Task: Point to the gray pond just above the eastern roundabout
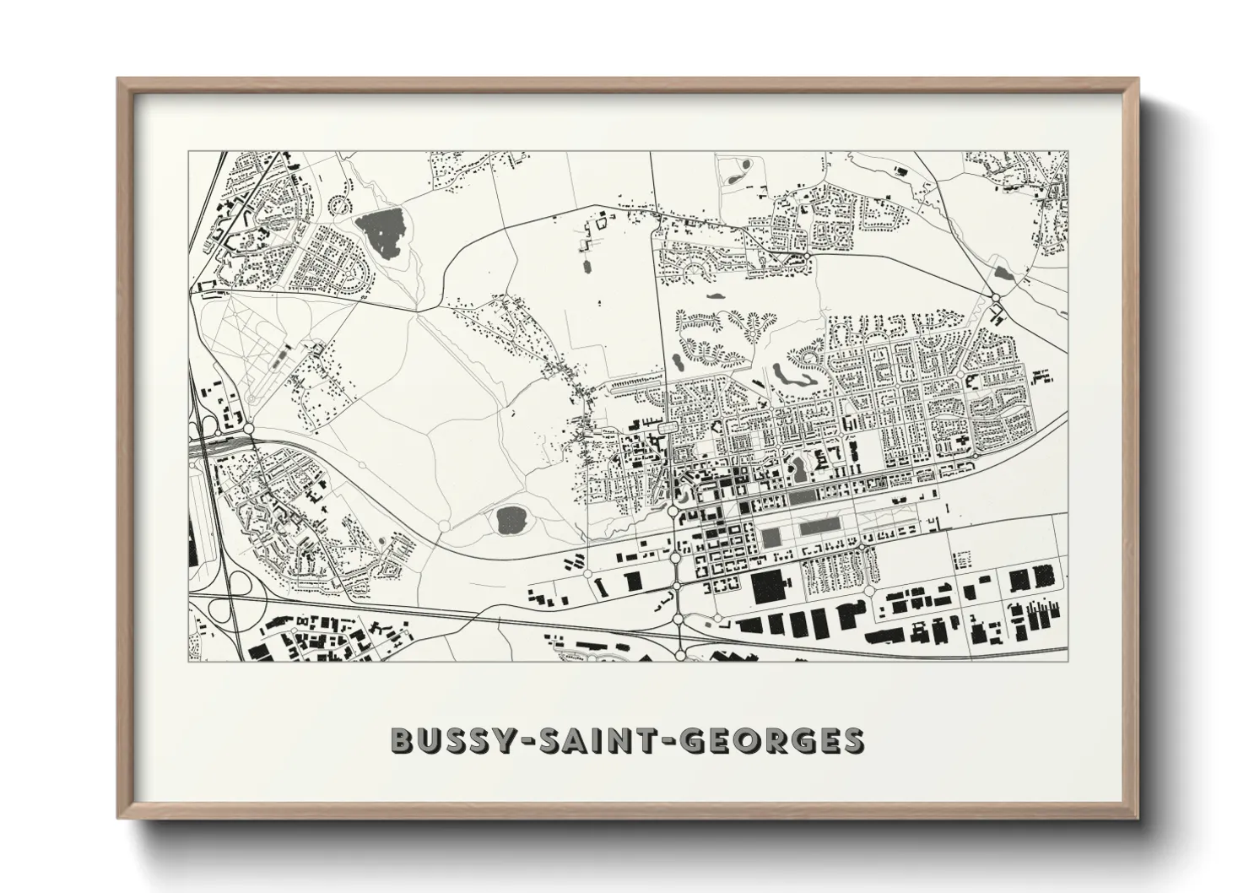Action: coord(1003,273)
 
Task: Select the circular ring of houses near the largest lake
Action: coord(338,204)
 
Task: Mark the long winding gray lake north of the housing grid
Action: coord(789,375)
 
